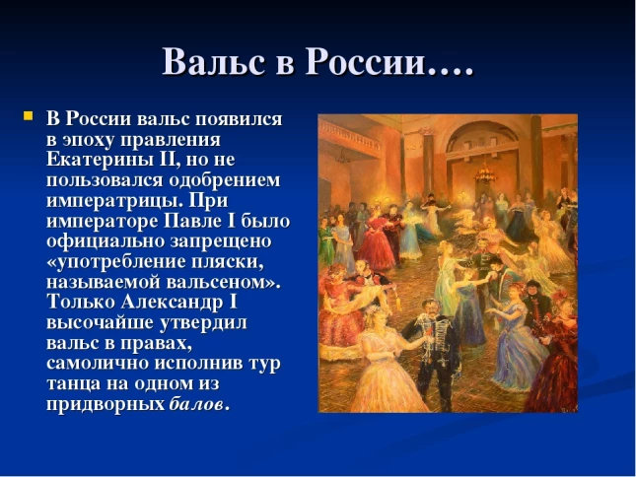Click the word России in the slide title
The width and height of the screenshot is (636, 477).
[366, 62]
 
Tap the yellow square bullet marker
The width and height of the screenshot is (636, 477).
[28, 116]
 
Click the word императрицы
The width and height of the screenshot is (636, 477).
[114, 201]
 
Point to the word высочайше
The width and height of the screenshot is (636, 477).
[100, 323]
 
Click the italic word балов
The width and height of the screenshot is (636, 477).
[196, 404]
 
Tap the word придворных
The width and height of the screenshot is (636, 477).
[106, 405]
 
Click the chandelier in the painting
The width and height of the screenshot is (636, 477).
[485, 173]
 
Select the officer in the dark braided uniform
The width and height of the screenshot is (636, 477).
[435, 353]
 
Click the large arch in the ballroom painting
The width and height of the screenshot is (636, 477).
[483, 140]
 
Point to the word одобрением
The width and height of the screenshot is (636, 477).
[224, 180]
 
